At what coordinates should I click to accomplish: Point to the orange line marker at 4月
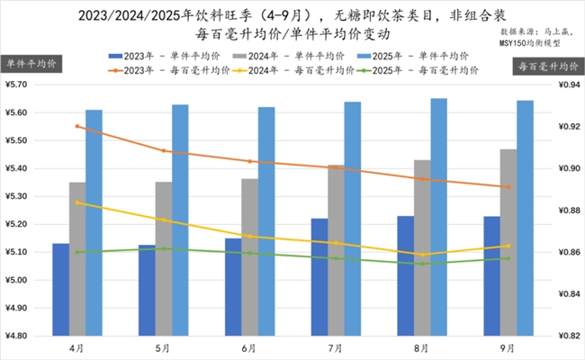(x=77, y=126)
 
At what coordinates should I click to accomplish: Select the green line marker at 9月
(x=509, y=258)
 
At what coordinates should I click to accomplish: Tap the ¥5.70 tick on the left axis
(x=20, y=85)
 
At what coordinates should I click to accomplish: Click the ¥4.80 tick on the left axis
(x=20, y=336)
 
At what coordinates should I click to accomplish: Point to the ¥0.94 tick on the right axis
(x=565, y=85)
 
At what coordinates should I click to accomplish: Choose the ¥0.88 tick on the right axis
(x=565, y=211)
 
